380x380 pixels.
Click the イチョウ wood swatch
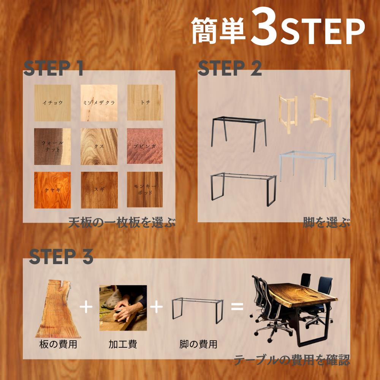pyautogui.click(x=52, y=103)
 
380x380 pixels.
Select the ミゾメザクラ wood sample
pyautogui.click(x=99, y=103)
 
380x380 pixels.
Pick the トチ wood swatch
pyautogui.click(x=145, y=103)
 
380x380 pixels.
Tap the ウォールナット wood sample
pyautogui.click(x=52, y=146)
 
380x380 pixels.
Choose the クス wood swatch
pyautogui.click(x=99, y=146)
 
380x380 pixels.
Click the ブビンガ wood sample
pyautogui.click(x=145, y=146)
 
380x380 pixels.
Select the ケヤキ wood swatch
pyautogui.click(x=52, y=190)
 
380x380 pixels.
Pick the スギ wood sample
pyautogui.click(x=99, y=190)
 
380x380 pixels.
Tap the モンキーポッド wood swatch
pyautogui.click(x=145, y=190)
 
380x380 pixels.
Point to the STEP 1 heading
pyautogui.click(x=54, y=68)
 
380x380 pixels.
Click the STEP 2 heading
pyautogui.click(x=230, y=68)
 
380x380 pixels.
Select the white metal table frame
pyautogui.click(x=308, y=167)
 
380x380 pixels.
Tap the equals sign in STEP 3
pyautogui.click(x=237, y=306)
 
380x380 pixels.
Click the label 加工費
pyautogui.click(x=123, y=345)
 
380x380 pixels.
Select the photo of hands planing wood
pyautogui.click(x=123, y=308)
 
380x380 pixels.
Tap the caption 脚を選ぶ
pyautogui.click(x=326, y=222)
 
